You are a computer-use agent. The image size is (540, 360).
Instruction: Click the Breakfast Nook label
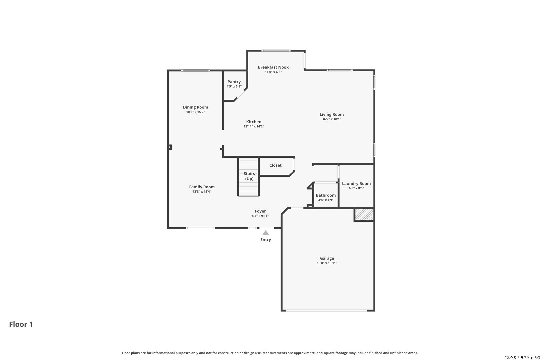point(273,67)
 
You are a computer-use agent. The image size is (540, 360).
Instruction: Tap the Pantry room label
point(234,82)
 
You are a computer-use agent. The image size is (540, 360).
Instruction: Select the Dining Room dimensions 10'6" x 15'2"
point(196,112)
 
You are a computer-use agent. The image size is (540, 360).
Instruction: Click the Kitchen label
point(254,122)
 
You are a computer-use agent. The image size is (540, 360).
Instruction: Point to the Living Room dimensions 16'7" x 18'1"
point(332,119)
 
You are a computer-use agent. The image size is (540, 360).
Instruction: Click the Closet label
point(275,165)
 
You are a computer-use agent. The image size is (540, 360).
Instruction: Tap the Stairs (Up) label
point(249,176)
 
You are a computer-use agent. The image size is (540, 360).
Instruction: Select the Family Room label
point(202,187)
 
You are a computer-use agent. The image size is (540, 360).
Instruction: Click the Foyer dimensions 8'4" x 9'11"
point(260,216)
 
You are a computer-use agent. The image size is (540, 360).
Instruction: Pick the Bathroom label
point(326,195)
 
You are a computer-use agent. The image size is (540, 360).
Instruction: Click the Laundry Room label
point(356,184)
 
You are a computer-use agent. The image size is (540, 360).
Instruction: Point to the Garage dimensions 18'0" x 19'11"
point(327,263)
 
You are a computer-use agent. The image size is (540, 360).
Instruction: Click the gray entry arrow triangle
point(266,233)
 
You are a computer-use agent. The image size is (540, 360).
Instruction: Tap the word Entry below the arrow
point(266,240)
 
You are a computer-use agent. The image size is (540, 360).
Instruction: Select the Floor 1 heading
point(21,324)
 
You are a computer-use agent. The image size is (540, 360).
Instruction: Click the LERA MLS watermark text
point(522,357)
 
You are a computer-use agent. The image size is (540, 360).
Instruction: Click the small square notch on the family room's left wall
point(170,147)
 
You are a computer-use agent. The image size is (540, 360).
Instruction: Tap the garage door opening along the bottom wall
point(326,311)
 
